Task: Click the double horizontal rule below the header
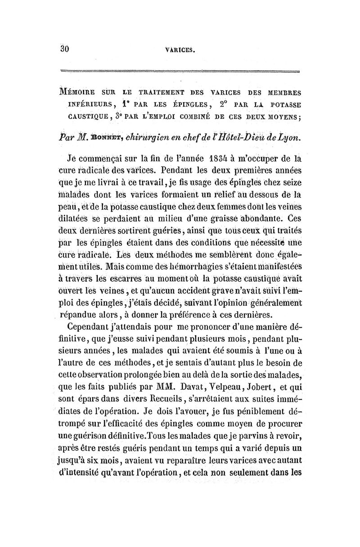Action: click(x=180, y=71)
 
